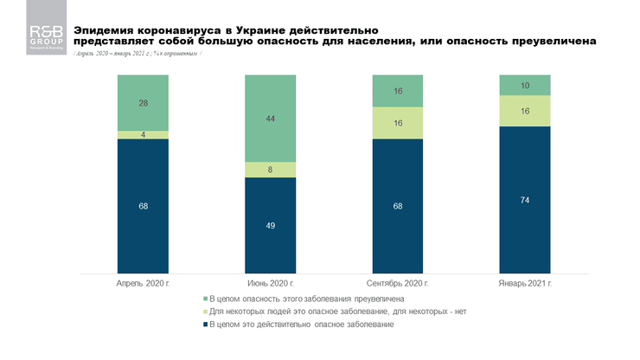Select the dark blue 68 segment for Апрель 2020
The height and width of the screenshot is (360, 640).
[x=143, y=206]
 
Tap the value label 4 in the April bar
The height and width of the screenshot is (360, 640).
[x=143, y=135]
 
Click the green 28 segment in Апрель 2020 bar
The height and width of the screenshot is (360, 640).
[x=143, y=103]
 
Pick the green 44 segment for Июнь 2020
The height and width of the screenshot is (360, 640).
[x=270, y=119]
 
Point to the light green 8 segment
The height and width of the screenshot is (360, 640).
[x=270, y=170]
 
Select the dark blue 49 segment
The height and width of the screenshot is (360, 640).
[x=270, y=225]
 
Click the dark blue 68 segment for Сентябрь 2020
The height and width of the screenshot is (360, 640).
[x=397, y=206]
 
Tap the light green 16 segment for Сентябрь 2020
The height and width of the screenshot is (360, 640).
[x=397, y=123]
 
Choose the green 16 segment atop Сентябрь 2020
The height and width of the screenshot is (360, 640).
[x=397, y=91]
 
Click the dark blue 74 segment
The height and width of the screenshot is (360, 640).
[x=524, y=199]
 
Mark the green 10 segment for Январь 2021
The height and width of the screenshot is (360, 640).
[x=524, y=85]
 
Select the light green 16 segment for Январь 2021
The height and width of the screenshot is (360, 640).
[x=524, y=111]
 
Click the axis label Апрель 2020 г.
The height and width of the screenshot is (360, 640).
[x=143, y=282]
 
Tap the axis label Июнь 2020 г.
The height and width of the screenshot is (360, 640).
[x=270, y=282]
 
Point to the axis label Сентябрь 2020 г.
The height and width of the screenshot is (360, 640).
[x=397, y=282]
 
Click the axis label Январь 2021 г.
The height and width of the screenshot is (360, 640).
[x=524, y=282]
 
